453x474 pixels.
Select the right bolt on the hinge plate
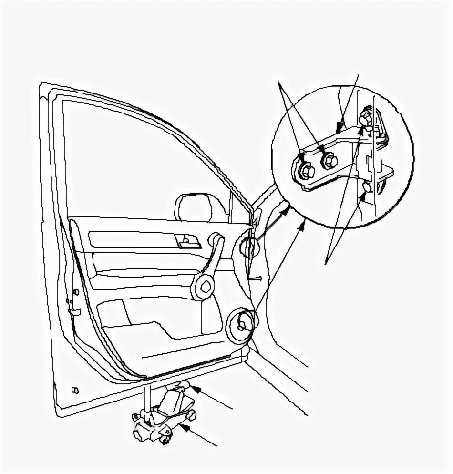[x=328, y=161]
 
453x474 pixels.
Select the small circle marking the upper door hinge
[x=249, y=247]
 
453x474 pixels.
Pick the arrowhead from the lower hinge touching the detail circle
[x=301, y=227]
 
